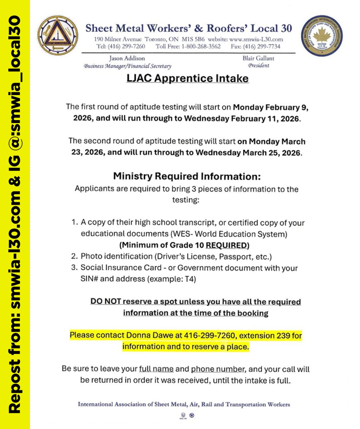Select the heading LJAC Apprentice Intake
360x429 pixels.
[x=187, y=78]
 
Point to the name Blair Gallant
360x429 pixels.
[x=260, y=58]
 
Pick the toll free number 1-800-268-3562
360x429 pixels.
[x=201, y=46]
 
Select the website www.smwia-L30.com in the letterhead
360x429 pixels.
[x=257, y=39]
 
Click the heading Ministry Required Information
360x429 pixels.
[x=187, y=177]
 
